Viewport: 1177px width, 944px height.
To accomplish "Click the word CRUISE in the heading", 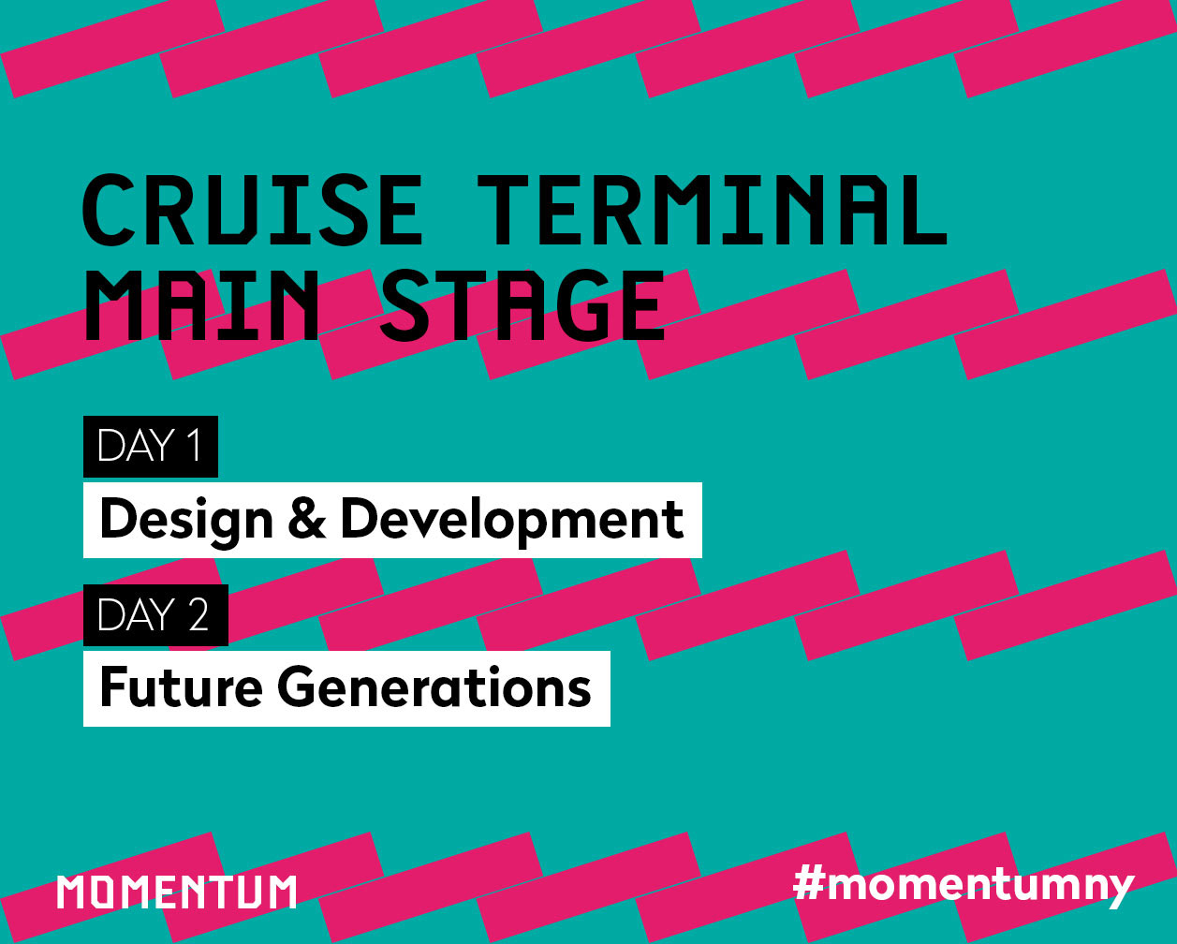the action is [x=253, y=210].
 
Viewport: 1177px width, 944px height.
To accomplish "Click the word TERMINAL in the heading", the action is [x=713, y=210].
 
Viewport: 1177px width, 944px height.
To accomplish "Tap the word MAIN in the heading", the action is [x=200, y=304].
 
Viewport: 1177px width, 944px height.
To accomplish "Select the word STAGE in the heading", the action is [x=523, y=304].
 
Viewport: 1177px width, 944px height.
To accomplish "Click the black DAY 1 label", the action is [x=151, y=446].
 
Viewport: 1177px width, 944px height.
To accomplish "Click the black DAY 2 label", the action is [x=155, y=614].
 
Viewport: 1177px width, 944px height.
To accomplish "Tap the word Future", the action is [x=182, y=687].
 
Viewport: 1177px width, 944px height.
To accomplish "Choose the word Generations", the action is [x=434, y=687].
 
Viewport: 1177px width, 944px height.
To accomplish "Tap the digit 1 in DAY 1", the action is [x=194, y=446].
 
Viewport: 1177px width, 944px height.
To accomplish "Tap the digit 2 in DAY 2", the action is [x=199, y=614].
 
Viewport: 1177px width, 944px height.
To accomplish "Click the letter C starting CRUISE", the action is [x=109, y=210].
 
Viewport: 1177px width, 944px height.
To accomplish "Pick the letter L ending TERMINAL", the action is [x=925, y=210].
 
